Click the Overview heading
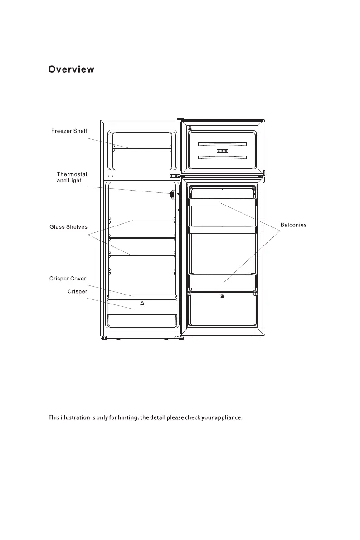point(72,69)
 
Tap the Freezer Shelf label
point(69,131)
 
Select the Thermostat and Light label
point(72,177)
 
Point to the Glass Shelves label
point(68,227)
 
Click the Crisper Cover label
point(68,279)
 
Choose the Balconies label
point(293,225)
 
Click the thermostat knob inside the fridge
point(172,194)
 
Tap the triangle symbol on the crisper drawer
point(142,303)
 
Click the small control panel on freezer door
point(222,151)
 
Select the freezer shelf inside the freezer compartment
point(141,148)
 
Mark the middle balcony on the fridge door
point(222,230)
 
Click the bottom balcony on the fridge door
point(222,281)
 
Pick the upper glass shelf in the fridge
point(142,221)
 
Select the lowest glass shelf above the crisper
point(142,255)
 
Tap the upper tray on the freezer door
point(222,144)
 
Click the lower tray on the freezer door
point(222,157)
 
